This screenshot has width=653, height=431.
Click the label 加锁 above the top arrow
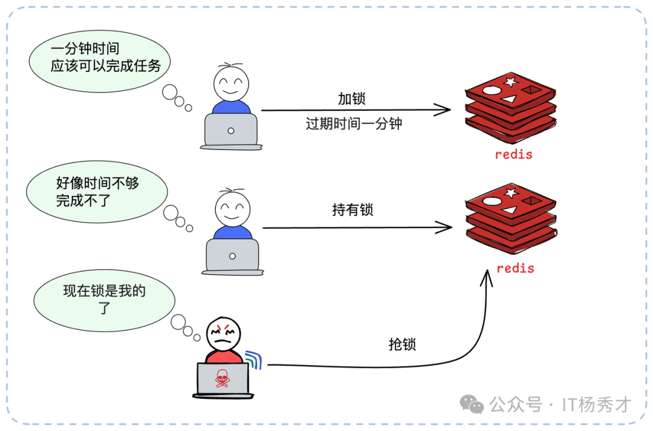coord(351,98)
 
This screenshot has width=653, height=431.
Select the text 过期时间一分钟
coord(354,124)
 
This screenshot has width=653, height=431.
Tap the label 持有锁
coord(352,210)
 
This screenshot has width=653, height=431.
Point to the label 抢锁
coord(402,344)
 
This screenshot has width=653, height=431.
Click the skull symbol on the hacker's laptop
coord(223,378)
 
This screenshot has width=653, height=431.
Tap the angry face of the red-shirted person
coord(224,334)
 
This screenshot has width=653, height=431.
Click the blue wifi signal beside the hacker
coord(254,359)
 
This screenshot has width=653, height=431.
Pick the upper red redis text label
coord(513,154)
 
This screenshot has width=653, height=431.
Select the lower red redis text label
coord(515,268)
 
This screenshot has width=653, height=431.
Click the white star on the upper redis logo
coord(510,81)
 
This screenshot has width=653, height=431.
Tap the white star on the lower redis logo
coord(510,193)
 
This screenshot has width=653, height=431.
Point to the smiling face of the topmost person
coord(231,84)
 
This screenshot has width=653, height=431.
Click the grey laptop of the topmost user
coord(231,130)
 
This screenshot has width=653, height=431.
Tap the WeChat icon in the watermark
coord(472,404)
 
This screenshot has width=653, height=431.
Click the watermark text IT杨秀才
coord(596,404)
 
